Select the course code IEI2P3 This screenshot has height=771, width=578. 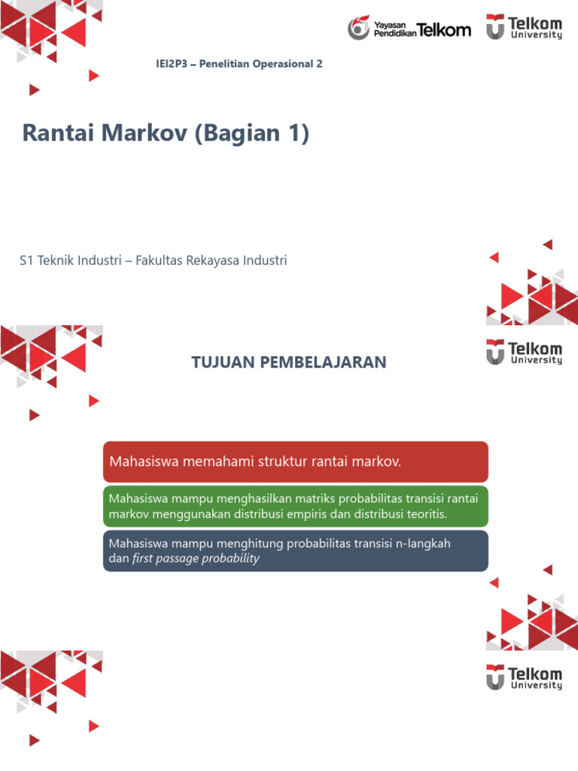(169, 64)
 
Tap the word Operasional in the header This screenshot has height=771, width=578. (284, 64)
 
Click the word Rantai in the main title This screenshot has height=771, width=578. (53, 134)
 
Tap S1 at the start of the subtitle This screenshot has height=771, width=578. (27, 261)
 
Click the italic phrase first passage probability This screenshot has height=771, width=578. (196, 559)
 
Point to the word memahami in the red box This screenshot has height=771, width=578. (214, 462)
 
